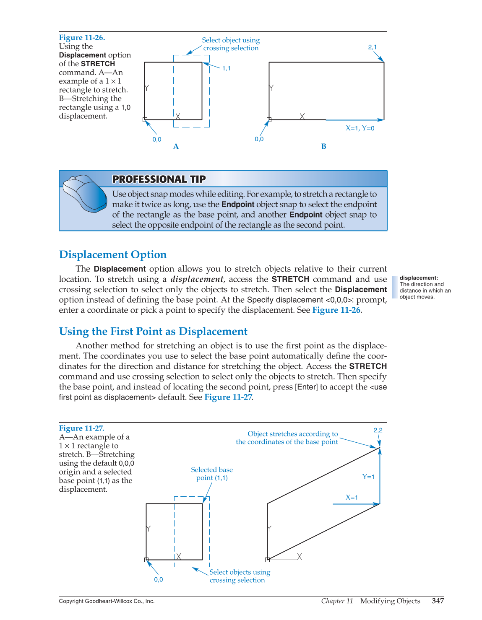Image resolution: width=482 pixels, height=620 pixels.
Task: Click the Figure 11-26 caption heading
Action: pos(82,38)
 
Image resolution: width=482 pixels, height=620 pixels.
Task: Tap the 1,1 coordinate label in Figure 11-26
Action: pos(226,68)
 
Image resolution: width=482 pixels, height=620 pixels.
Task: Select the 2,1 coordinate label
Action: pos(372,47)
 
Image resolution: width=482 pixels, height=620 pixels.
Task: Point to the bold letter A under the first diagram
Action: pos(176,146)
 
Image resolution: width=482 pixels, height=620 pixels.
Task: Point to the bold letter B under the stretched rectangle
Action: pos(323,146)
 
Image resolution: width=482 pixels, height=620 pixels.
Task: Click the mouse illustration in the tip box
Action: pos(85,193)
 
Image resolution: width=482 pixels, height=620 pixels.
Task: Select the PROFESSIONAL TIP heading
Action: pos(159,179)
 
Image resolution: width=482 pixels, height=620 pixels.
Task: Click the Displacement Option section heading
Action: pos(113,255)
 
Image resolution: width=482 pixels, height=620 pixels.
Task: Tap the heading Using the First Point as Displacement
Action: pos(153,332)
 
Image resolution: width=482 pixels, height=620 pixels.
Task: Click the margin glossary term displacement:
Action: pos(419,278)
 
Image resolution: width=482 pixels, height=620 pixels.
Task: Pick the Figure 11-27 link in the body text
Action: pos(228,397)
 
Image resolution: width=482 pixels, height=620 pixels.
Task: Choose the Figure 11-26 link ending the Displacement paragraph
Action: pos(336,310)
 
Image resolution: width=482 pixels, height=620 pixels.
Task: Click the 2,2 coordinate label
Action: pos(378,430)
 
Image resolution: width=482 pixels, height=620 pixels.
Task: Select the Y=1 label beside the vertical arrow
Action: pos(368,477)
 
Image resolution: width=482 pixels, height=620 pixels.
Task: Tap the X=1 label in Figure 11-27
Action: pos(352,498)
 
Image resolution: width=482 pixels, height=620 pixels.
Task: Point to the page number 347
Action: pos(438,601)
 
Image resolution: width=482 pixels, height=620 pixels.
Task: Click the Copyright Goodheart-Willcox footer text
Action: pos(107,601)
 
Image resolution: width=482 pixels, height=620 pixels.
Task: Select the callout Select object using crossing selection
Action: pos(231,44)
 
